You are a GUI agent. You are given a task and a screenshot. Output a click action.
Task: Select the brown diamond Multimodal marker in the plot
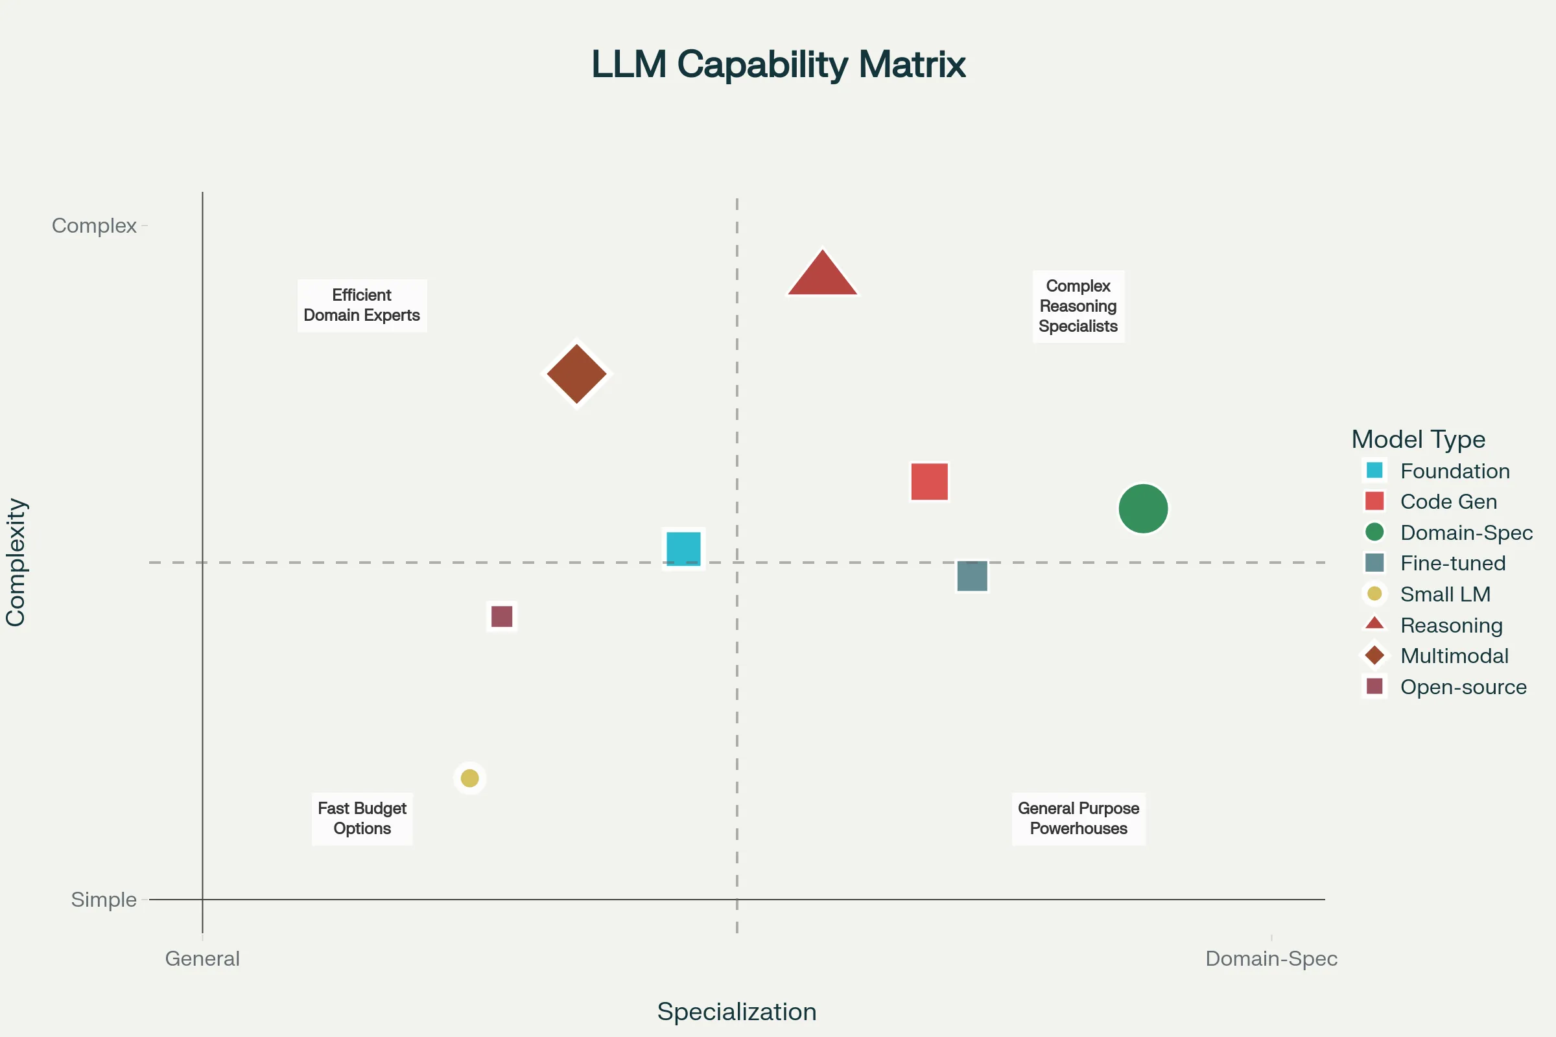[577, 374]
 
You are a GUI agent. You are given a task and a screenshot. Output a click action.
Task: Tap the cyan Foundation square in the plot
[683, 549]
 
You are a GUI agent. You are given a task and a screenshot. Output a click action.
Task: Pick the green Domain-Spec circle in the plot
[1143, 509]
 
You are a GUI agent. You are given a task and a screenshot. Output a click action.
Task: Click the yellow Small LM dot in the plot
[469, 778]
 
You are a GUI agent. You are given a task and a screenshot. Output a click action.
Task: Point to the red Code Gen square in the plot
[930, 482]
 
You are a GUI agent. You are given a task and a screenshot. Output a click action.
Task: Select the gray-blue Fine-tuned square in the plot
[972, 576]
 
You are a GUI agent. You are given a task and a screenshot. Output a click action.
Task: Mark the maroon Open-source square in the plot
[501, 616]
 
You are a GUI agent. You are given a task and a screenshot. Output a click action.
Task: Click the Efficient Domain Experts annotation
[362, 305]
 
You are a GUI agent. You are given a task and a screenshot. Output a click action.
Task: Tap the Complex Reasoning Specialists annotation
[1078, 305]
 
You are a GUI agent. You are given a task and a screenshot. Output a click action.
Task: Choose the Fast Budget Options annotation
[362, 819]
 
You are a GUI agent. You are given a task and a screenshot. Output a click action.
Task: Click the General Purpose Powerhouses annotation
[1078, 819]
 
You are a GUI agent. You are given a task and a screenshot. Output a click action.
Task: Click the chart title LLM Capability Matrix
[778, 64]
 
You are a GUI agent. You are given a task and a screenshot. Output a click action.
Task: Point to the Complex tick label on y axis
[94, 226]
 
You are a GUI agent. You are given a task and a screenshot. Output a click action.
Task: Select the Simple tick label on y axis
[103, 900]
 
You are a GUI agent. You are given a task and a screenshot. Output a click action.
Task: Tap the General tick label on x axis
[202, 959]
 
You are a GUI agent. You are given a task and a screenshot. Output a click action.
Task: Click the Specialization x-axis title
[737, 1012]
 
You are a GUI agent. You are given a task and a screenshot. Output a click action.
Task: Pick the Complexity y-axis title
[16, 562]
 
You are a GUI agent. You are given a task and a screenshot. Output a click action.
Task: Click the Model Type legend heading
[1418, 439]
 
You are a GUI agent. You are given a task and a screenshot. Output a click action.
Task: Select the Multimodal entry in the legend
[1454, 655]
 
